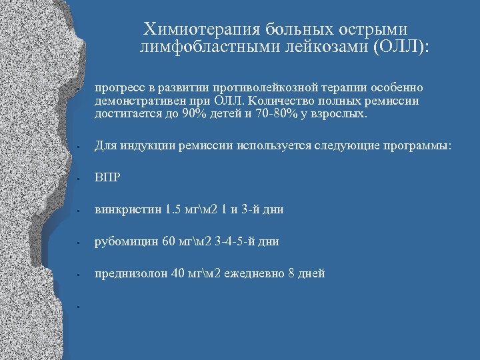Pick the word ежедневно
tap(253, 273)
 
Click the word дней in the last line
tap(311, 273)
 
